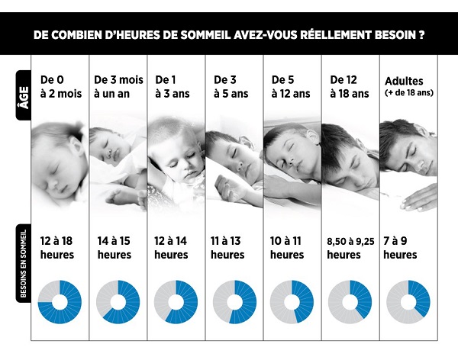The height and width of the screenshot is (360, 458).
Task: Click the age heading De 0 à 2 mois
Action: tap(58, 86)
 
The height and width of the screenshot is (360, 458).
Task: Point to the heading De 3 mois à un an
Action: tap(118, 86)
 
